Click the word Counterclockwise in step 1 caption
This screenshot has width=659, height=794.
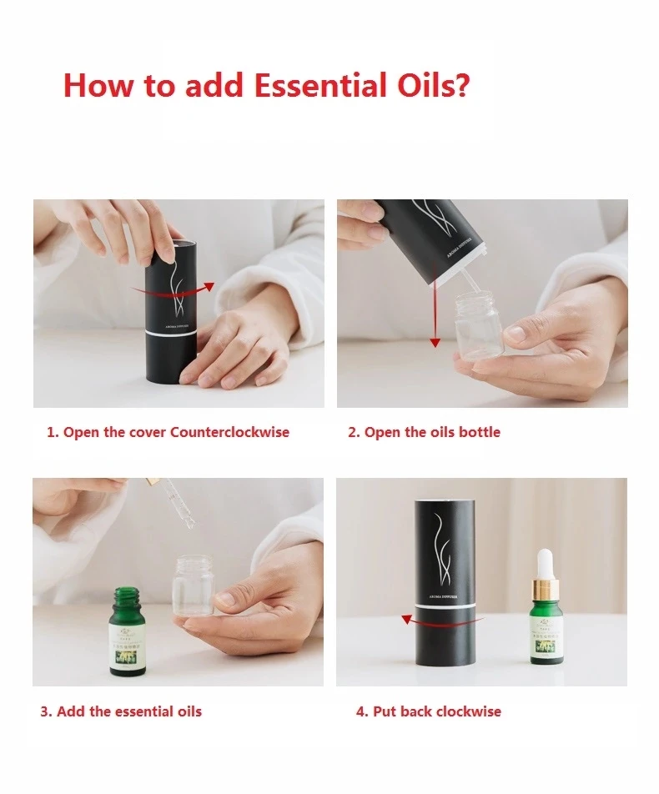[x=229, y=432]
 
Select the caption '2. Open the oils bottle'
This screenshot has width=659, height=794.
[x=424, y=432]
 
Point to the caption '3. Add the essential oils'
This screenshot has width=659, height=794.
[x=121, y=711]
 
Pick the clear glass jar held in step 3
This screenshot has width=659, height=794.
[x=193, y=587]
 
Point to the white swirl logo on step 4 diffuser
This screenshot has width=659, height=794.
[x=445, y=538]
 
